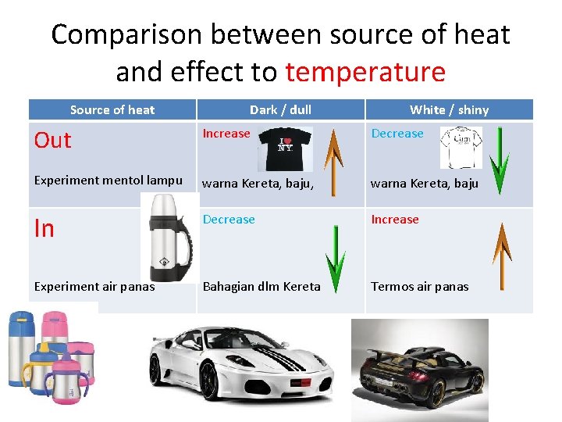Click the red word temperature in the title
tap(365, 72)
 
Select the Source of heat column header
tap(112, 110)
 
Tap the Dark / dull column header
tap(280, 110)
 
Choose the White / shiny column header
tap(449, 110)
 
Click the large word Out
tap(53, 141)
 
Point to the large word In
tap(44, 228)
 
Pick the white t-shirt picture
tap(461, 148)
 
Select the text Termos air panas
tap(419, 287)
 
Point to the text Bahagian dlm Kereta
tap(261, 287)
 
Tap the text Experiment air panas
tap(94, 287)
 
